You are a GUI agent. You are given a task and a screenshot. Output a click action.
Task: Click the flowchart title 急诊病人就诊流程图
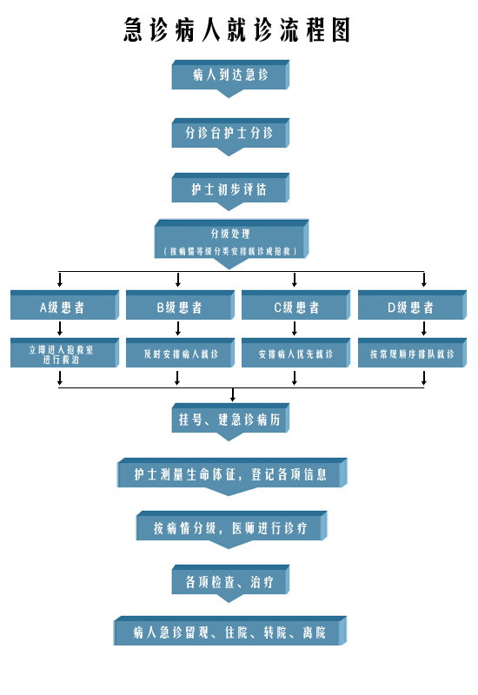click(x=237, y=30)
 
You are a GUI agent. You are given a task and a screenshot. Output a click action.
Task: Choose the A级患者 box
click(x=64, y=305)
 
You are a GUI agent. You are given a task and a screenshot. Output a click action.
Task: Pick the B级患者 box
click(x=180, y=305)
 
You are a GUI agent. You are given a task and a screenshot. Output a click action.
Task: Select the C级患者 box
click(x=295, y=305)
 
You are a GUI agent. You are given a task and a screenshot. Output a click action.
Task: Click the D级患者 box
click(x=412, y=305)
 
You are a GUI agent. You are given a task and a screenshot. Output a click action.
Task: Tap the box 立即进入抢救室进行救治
click(x=64, y=353)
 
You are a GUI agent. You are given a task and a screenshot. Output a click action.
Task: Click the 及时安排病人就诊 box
click(x=180, y=353)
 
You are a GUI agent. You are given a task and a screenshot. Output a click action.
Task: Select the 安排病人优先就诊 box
click(x=295, y=353)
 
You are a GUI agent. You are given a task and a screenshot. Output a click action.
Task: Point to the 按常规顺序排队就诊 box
click(x=412, y=353)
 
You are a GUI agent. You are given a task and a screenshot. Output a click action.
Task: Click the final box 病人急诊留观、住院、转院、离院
click(x=230, y=631)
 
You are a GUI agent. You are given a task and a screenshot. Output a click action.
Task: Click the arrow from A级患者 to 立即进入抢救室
click(x=60, y=328)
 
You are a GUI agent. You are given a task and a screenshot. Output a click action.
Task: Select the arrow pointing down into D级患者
click(x=424, y=280)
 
